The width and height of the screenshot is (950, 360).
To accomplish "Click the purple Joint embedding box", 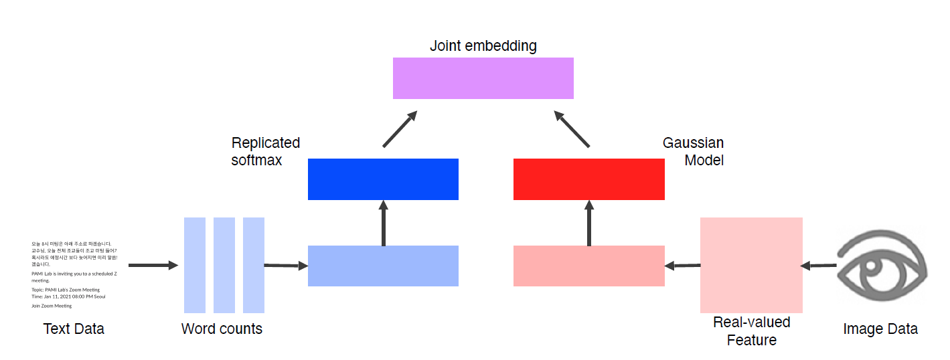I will (x=483, y=78).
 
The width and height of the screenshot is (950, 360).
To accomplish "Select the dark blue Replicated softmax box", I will (x=383, y=179).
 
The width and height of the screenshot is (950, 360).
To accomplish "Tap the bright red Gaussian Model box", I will (x=588, y=179).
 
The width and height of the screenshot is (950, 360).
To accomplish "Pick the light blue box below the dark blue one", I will (x=383, y=266).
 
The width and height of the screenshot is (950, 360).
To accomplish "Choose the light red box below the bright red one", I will (x=588, y=266).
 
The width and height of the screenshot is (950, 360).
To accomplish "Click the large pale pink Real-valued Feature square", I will (x=751, y=265).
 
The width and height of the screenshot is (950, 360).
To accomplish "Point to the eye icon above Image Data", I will (x=882, y=266).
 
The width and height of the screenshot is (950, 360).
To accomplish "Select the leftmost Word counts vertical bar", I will (x=195, y=265).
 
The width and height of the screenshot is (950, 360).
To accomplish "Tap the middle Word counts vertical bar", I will (x=224, y=265).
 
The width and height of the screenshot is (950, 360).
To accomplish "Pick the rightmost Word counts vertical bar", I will (x=254, y=265).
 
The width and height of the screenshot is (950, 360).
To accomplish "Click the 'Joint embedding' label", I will (x=483, y=46).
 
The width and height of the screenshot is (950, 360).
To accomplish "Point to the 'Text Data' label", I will (x=74, y=329).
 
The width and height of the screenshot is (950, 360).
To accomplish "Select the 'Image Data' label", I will (x=880, y=329).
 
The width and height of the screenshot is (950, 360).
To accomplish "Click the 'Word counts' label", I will (x=222, y=329).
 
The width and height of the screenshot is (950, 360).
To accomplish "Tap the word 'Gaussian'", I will (x=693, y=143).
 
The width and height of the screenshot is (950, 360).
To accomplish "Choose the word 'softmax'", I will (x=256, y=161).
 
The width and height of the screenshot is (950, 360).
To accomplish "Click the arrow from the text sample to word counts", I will (x=153, y=266).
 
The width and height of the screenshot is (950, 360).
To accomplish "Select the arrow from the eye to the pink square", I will (x=818, y=266).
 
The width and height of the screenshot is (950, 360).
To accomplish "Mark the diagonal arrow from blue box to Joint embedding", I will (x=400, y=129).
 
